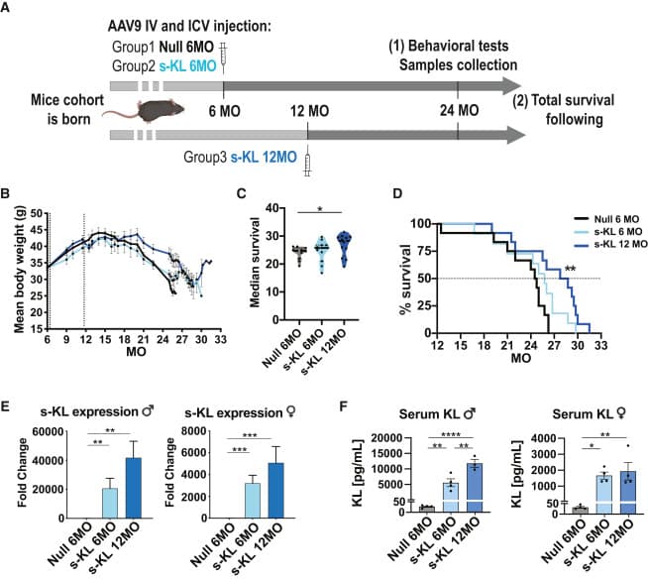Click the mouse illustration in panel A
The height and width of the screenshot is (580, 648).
point(144,111)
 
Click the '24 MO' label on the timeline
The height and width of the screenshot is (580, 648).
point(459,110)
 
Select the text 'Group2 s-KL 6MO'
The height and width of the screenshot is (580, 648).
point(164,66)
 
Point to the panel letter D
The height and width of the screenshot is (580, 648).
point(397,193)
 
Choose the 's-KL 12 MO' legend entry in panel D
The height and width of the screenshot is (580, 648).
point(610,244)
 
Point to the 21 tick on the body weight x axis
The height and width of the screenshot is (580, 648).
point(144,339)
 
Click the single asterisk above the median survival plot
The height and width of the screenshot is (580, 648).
point(320,209)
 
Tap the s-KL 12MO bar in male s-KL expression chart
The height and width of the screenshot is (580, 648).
point(134,488)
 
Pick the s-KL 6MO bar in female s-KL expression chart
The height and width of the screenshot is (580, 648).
point(253,501)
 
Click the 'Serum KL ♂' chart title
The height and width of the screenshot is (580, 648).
point(437,413)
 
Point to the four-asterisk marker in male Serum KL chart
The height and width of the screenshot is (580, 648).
point(451,435)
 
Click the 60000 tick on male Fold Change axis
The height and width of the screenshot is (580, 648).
point(49,432)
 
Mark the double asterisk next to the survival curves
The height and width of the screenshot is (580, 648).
point(570,269)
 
